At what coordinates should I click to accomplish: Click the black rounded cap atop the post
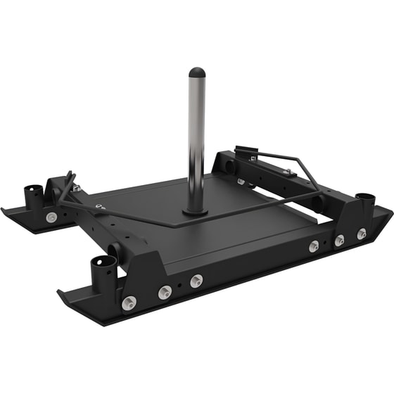197,72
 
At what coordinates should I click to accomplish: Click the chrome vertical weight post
196,141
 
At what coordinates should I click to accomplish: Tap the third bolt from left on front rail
196,281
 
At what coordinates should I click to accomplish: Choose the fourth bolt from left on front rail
314,246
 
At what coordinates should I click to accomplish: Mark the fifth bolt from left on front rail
339,241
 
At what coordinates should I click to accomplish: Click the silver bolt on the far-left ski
51,217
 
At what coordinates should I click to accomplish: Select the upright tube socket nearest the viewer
103,269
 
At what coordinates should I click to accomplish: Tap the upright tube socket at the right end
364,200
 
